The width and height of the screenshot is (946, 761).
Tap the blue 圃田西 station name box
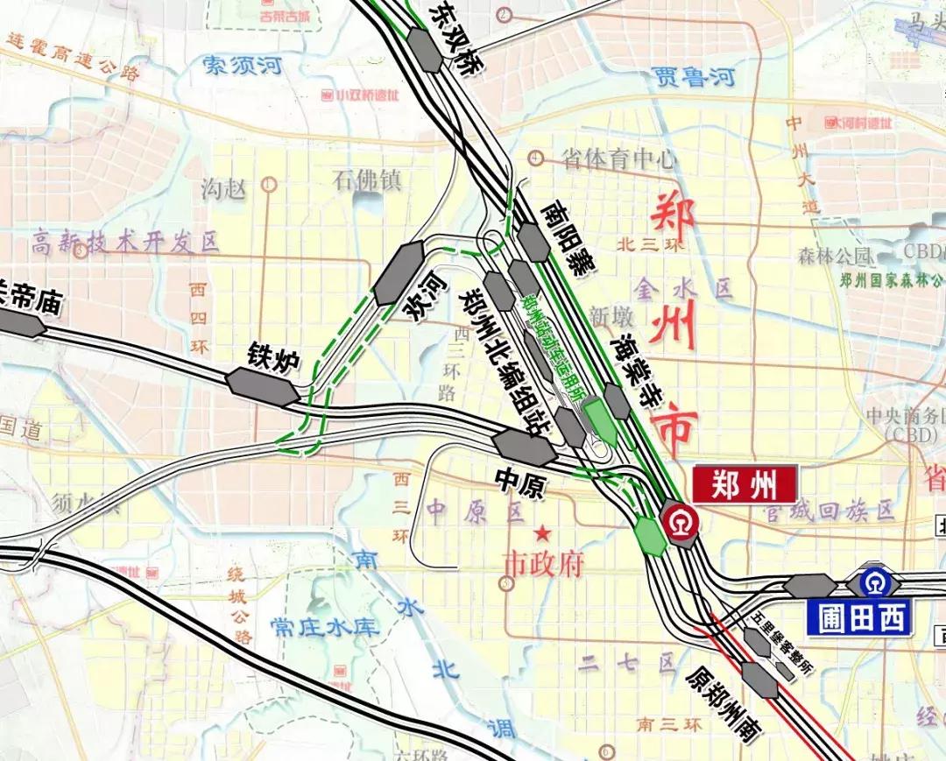(x=865, y=617)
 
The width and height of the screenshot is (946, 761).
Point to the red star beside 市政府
(x=543, y=532)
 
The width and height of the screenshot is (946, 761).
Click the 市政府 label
(x=543, y=563)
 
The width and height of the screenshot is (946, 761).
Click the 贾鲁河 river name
(x=693, y=77)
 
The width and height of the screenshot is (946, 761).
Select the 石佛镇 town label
(x=367, y=180)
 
